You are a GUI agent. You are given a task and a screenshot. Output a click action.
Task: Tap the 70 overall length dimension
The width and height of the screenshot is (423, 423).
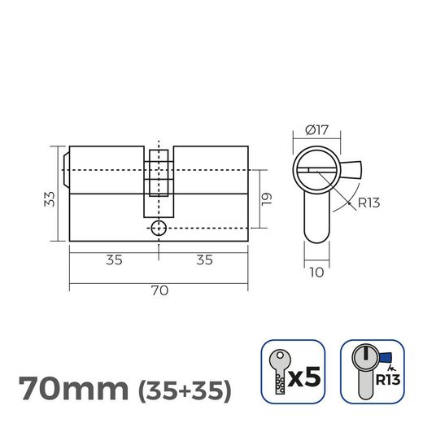click(x=159, y=290)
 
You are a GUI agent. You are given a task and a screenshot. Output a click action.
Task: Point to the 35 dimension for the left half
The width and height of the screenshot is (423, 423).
click(x=114, y=261)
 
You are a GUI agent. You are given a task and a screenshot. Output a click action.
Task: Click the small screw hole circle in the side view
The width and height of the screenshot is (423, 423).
click(x=159, y=229)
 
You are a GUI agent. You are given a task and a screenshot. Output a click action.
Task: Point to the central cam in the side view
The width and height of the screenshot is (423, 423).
click(x=159, y=175)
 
